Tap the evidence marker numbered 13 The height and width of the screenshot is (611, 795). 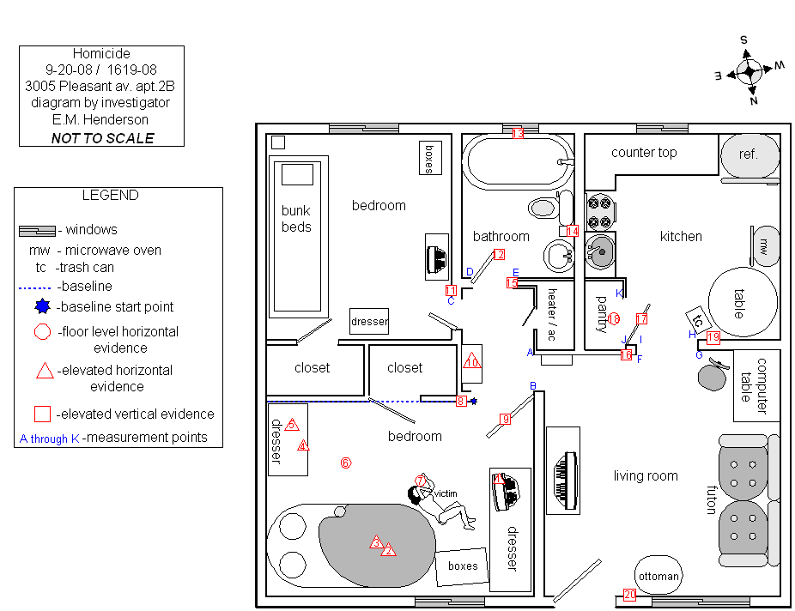click(x=518, y=133)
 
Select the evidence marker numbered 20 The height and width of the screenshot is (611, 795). click(x=629, y=594)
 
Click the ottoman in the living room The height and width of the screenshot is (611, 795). click(x=658, y=576)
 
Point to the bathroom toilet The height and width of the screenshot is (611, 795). click(x=543, y=207)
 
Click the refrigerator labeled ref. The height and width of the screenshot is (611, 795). click(x=749, y=154)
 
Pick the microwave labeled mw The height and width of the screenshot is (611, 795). click(x=764, y=247)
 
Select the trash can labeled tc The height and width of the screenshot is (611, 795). click(x=698, y=319)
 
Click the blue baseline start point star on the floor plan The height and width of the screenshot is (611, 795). click(x=473, y=401)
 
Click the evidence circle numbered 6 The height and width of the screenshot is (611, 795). click(x=346, y=463)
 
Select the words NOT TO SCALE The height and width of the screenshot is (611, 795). click(x=102, y=138)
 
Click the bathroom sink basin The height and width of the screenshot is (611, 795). click(x=561, y=254)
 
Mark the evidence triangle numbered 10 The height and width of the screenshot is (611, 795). click(x=471, y=362)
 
